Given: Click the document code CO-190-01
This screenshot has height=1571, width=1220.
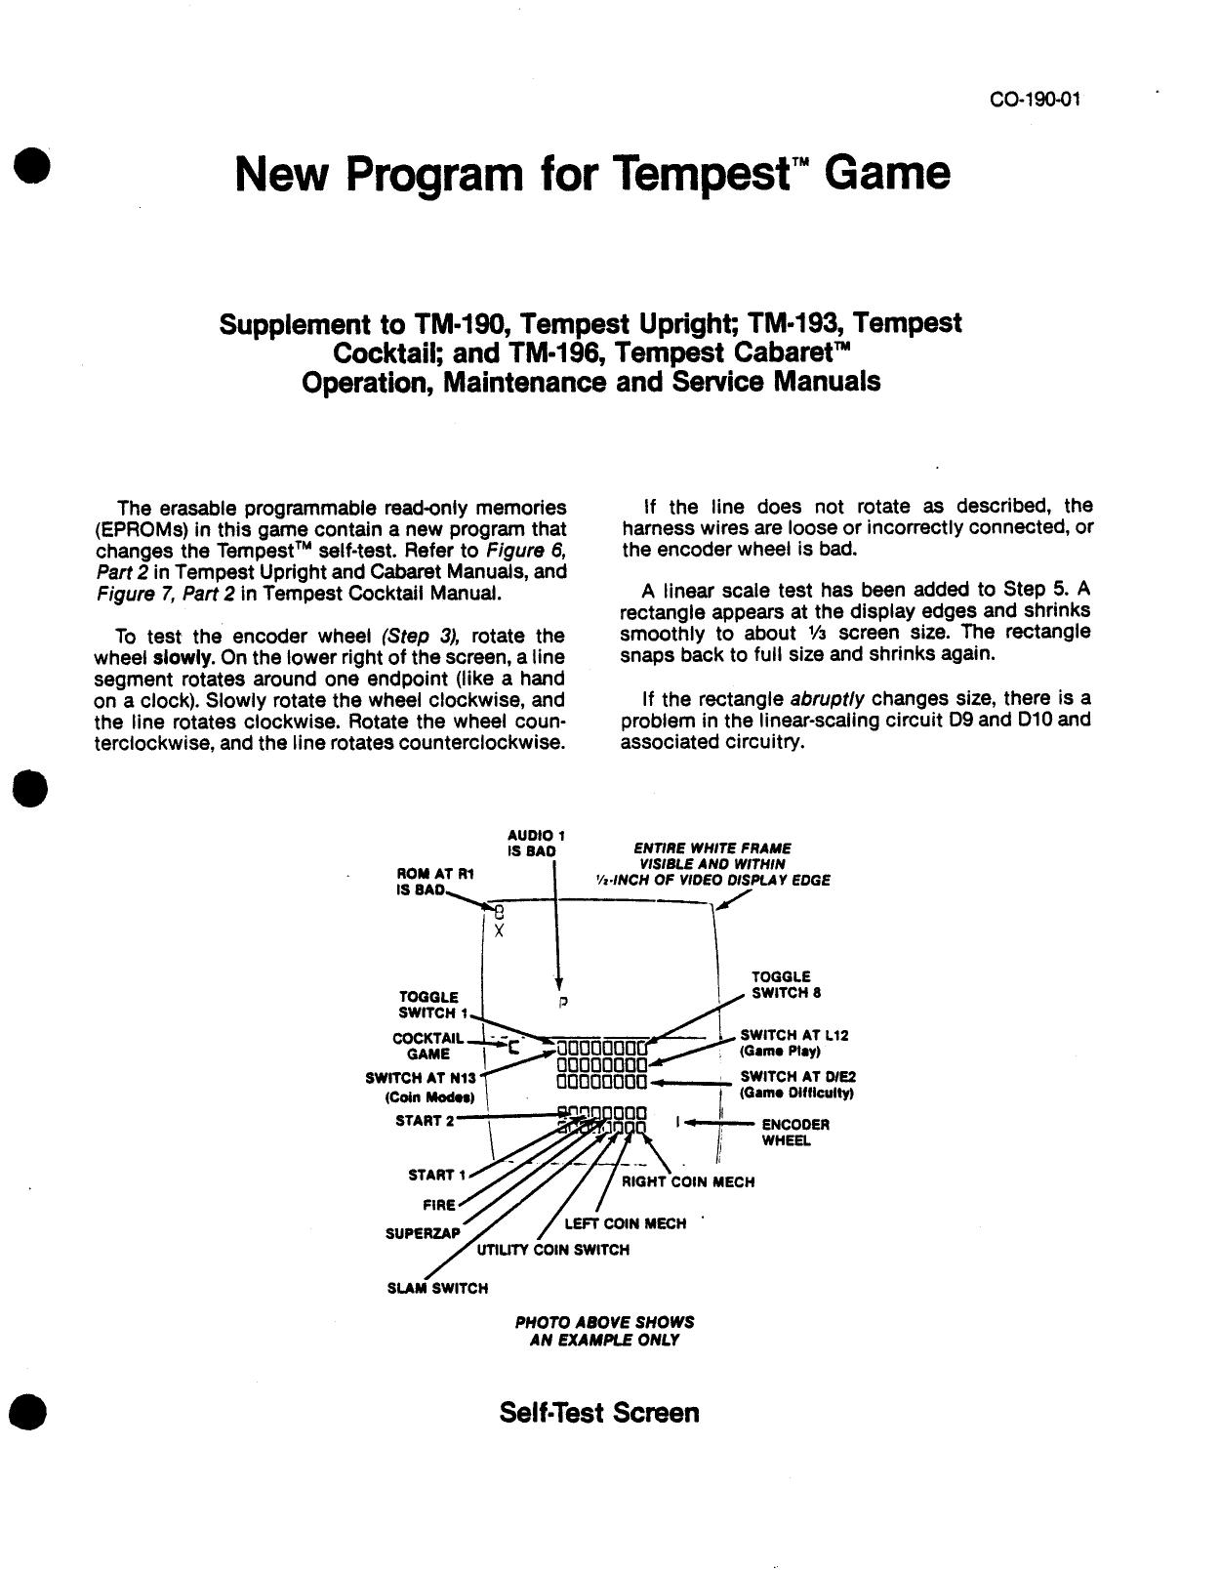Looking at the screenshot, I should pos(1035,100).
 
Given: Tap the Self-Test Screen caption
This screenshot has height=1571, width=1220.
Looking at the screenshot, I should pos(598,1413).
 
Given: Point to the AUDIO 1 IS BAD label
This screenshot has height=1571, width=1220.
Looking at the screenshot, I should pos(536,844).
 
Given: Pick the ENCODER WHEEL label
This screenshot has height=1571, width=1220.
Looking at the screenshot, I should pos(794,1133).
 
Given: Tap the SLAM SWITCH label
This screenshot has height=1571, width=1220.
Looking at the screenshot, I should pos(437,1289).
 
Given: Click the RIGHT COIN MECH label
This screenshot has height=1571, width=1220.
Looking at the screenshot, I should pos(688,1182).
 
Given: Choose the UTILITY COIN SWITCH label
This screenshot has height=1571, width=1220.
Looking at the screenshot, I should pos(552,1250).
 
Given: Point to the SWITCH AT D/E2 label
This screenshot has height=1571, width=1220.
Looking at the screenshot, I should pos(797,1085).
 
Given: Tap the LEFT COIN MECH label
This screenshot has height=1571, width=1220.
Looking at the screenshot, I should pos(625,1223).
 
